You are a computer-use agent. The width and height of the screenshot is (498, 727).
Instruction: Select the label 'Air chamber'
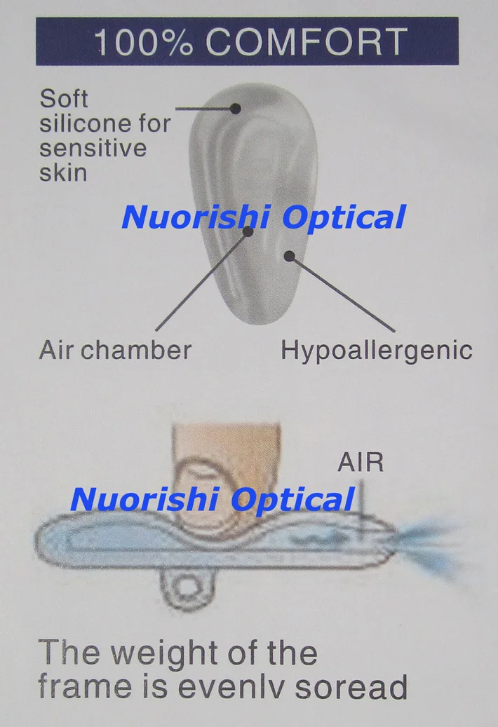coord(115,350)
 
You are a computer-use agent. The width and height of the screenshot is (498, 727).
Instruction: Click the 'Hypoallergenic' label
coord(377,350)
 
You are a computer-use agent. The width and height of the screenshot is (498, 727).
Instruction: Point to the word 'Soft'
coord(64,98)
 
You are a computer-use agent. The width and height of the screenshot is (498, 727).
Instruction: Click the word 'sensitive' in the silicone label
coord(93,148)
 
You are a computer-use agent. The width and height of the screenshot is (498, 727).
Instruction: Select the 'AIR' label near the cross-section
coord(361,463)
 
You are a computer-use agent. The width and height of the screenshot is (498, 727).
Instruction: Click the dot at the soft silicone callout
coord(236,108)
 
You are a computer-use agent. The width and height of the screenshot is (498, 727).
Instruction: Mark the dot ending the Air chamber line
coord(248,231)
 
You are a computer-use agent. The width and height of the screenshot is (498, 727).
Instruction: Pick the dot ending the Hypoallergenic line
coord(289,256)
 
